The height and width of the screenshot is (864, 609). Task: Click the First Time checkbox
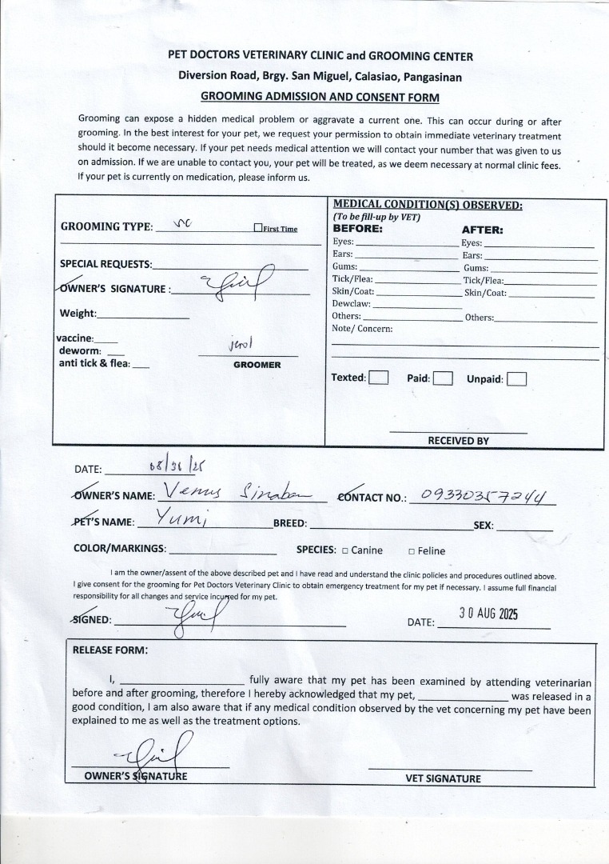click(x=258, y=228)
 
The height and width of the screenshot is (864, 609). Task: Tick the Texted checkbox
click(x=379, y=378)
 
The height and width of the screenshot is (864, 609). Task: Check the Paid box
click(x=443, y=378)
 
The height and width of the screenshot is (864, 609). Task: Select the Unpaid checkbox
click(x=516, y=378)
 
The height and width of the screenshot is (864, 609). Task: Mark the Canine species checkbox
click(x=344, y=550)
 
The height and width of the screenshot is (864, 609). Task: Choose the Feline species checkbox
click(x=411, y=551)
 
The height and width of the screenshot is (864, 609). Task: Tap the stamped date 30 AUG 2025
click(x=488, y=614)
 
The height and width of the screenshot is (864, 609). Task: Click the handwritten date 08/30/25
click(x=166, y=466)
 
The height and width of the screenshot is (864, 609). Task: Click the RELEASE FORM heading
click(x=110, y=650)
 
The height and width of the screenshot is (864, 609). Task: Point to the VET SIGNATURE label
click(x=443, y=778)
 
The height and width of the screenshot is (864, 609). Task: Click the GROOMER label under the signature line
click(x=257, y=365)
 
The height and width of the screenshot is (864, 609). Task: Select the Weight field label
click(x=78, y=313)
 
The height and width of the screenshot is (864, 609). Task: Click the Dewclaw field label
click(x=350, y=303)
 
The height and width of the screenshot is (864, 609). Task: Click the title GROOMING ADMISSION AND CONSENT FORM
click(x=320, y=97)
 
